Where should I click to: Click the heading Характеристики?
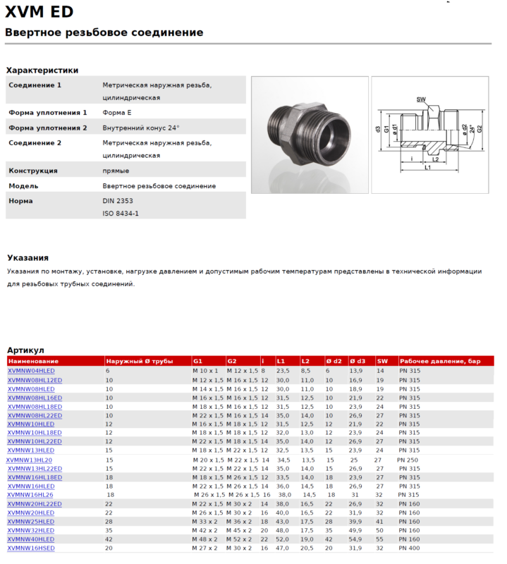42,70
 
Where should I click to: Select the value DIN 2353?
118,201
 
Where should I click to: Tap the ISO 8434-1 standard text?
121,213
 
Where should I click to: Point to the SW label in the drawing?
421,99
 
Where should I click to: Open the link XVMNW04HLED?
31,370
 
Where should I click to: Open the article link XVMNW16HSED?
31,548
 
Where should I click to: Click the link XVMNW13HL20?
30,460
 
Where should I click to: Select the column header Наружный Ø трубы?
139,361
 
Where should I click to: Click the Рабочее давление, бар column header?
440,361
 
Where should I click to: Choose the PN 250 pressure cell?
408,460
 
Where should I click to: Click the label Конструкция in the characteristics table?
33,171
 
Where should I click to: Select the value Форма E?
117,112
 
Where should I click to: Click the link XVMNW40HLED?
31,539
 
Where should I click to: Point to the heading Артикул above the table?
25,350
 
